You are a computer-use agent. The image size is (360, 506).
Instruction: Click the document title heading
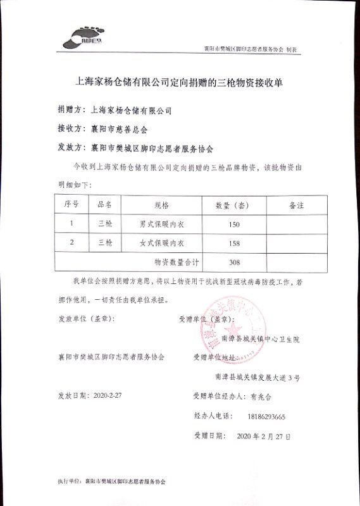pos(180,82)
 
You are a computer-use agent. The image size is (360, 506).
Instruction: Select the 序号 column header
pos(71,206)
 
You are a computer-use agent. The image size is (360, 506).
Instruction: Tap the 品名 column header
pos(104,206)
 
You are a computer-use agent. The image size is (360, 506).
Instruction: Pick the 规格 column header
pos(161,206)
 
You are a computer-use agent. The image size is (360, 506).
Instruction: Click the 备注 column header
pos(296,206)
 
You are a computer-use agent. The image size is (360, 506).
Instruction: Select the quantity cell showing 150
pos(233,224)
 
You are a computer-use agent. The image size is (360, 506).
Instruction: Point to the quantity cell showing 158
pos(233,243)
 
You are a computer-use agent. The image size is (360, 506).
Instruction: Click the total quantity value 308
pos(233,261)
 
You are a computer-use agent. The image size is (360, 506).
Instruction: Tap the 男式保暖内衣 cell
pos(161,224)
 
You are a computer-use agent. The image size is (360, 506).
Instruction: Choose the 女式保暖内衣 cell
pos(161,243)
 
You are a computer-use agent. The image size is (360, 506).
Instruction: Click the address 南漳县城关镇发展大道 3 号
pos(257,378)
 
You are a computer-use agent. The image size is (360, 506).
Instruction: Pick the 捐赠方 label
pos(70,109)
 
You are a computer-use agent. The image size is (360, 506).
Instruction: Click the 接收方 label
pos(70,129)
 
